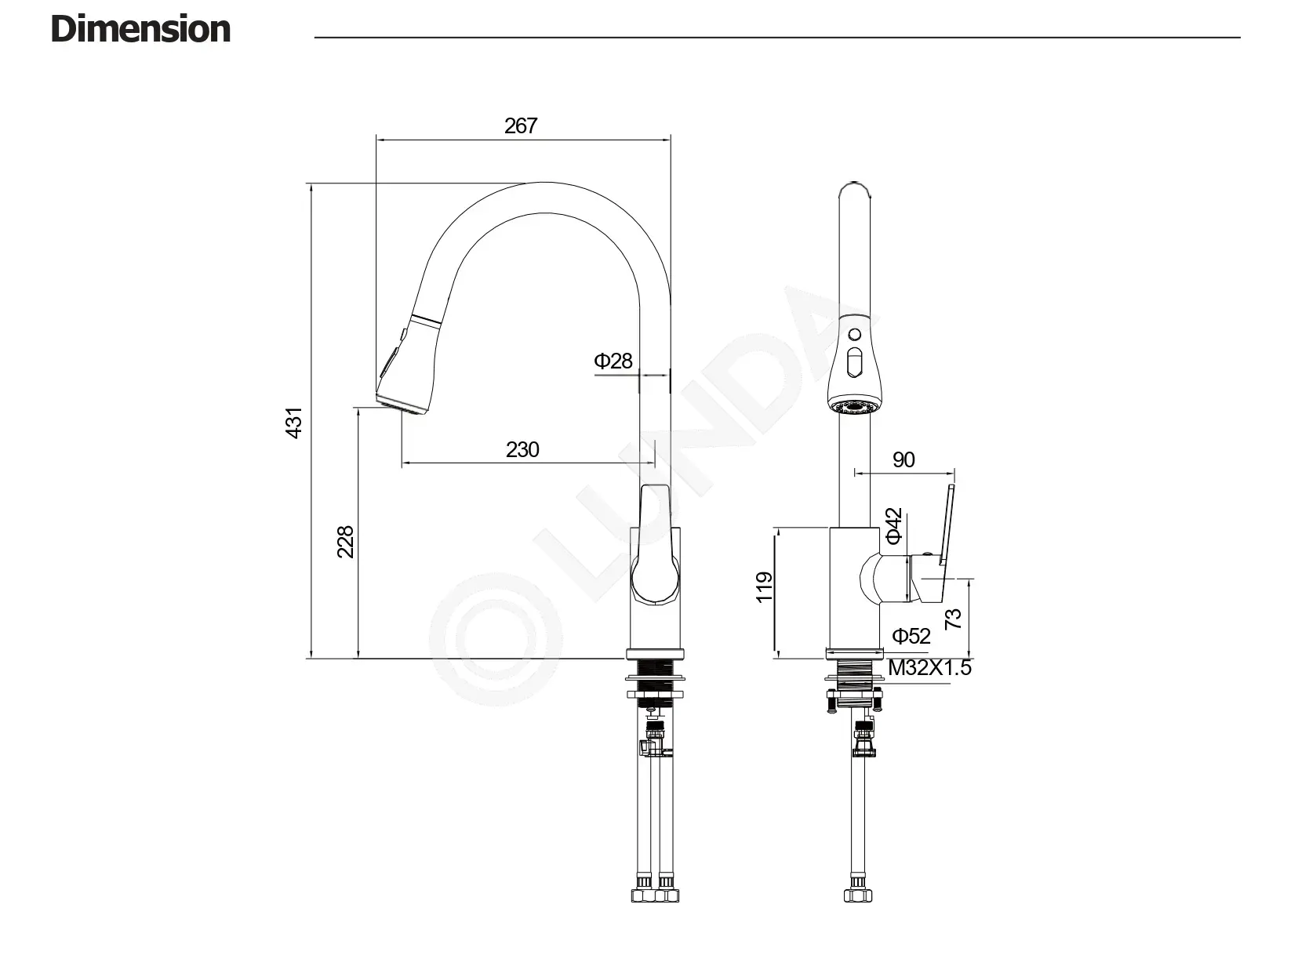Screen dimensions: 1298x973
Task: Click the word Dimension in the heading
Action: tap(140, 30)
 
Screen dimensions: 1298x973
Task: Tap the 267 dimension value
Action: tap(521, 126)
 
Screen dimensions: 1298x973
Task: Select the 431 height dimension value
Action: tap(294, 423)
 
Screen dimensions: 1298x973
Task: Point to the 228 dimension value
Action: tap(345, 542)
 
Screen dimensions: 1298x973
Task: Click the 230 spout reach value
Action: tap(522, 450)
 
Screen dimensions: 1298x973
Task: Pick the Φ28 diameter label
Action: tap(613, 361)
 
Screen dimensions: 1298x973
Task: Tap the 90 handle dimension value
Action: tap(904, 460)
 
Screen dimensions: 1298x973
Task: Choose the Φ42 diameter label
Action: tap(894, 525)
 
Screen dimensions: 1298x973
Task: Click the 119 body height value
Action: tap(764, 587)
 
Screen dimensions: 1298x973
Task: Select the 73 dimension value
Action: tap(953, 619)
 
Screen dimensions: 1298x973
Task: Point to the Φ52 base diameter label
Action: tap(911, 636)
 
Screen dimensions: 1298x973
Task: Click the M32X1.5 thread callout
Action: tap(929, 668)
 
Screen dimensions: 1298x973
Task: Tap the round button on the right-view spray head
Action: tap(855, 335)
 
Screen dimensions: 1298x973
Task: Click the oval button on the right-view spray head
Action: tap(855, 363)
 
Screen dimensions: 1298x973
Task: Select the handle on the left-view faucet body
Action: tap(655, 544)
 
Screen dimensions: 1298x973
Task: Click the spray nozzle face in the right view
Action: tap(855, 407)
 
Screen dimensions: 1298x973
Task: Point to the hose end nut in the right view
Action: tap(857, 893)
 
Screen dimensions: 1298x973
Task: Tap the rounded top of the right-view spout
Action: tap(855, 188)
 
